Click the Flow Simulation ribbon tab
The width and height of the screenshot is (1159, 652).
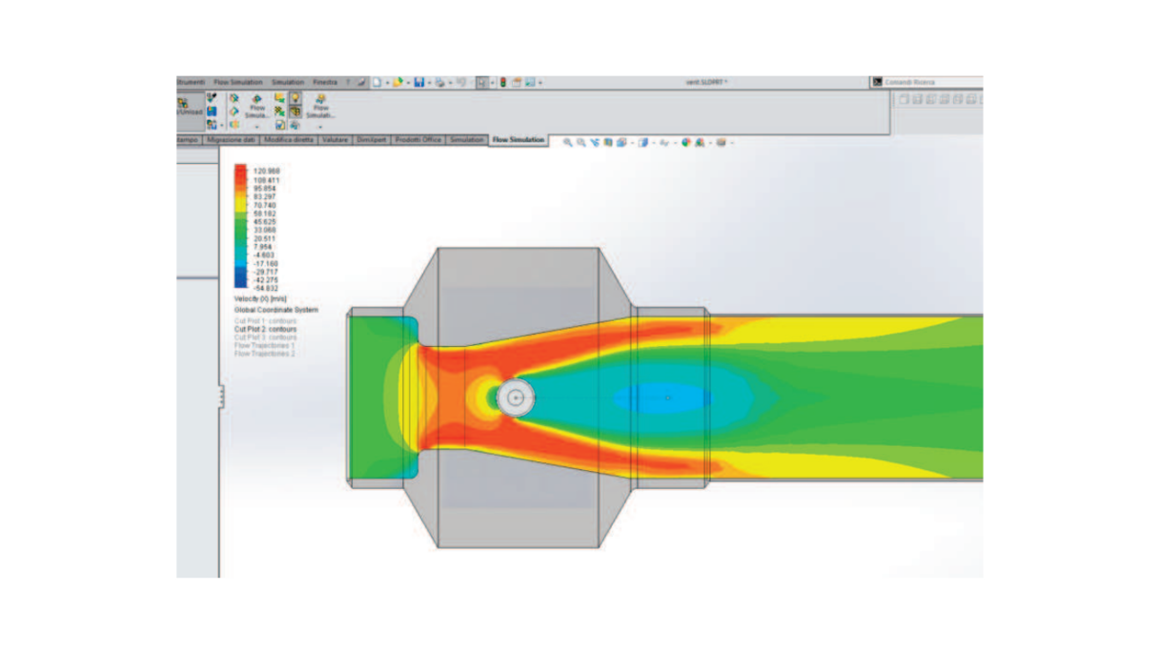pyautogui.click(x=518, y=140)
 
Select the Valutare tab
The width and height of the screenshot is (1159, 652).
pyautogui.click(x=335, y=140)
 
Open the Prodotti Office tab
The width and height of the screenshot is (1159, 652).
pyautogui.click(x=417, y=140)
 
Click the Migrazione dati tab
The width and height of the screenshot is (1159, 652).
pyautogui.click(x=231, y=140)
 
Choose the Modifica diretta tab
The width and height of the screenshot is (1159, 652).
pyautogui.click(x=289, y=140)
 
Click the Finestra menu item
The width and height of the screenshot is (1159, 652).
pyautogui.click(x=325, y=82)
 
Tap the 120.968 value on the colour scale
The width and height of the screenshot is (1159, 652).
pyautogui.click(x=265, y=172)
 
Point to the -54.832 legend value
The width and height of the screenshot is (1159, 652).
pyautogui.click(x=265, y=288)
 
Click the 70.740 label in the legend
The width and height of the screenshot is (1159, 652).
pyautogui.click(x=264, y=205)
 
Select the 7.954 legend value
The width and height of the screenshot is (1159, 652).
pyautogui.click(x=262, y=246)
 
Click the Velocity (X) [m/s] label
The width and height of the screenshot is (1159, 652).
pyautogui.click(x=260, y=298)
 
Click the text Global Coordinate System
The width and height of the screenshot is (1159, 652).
pyautogui.click(x=276, y=310)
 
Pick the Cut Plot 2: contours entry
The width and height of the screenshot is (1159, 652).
pyautogui.click(x=266, y=329)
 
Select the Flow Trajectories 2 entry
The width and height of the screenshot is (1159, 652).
pyautogui.click(x=265, y=354)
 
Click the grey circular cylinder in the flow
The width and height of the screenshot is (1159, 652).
pyautogui.click(x=516, y=397)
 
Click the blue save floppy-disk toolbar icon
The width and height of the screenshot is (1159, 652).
pyautogui.click(x=418, y=83)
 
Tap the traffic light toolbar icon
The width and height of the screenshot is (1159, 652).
pyautogui.click(x=503, y=83)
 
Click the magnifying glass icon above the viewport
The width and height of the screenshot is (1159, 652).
pyautogui.click(x=567, y=142)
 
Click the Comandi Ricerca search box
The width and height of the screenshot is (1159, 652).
pyautogui.click(x=929, y=82)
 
